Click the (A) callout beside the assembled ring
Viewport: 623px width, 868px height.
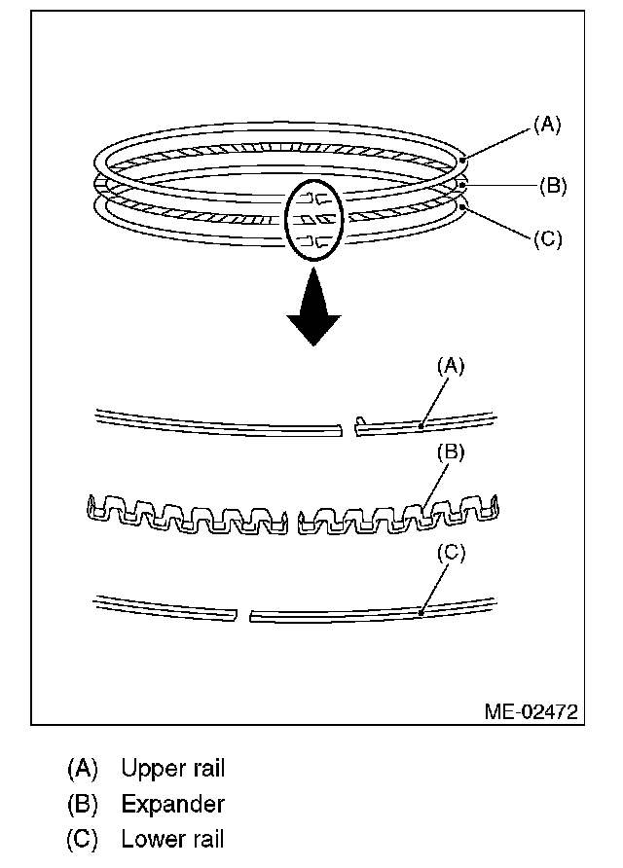[x=547, y=124]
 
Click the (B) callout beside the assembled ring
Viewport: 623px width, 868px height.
[x=552, y=185]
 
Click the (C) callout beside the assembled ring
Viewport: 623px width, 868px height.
[x=547, y=238]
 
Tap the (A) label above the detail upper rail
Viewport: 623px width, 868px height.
[x=451, y=366]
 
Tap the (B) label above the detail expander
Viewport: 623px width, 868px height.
[x=451, y=452]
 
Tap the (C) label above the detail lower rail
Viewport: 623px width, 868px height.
[x=451, y=553]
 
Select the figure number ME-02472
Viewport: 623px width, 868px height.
[x=531, y=712]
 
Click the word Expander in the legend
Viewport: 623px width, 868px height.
[x=172, y=805]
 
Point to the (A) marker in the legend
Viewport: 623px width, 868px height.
[x=83, y=769]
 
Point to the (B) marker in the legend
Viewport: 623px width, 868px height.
[x=83, y=805]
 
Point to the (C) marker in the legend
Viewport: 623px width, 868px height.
[x=83, y=839]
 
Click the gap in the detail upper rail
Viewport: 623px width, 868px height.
[x=349, y=427]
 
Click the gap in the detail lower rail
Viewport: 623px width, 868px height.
[x=242, y=615]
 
